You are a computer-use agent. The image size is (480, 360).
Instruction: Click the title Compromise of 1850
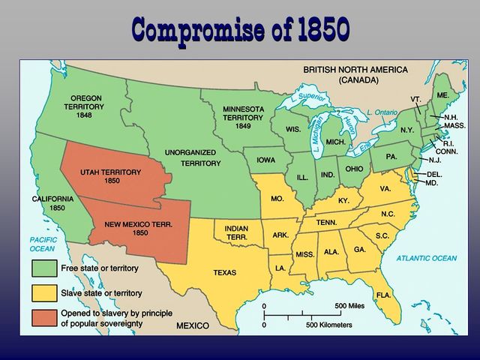pos(240,28)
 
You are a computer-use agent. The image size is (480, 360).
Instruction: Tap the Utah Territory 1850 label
pos(110,176)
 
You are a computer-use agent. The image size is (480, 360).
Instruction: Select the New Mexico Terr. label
pos(138,228)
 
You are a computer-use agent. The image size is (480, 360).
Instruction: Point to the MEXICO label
pos(197,326)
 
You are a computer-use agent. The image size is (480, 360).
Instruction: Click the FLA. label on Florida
pos(383,295)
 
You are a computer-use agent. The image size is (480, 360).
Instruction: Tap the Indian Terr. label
pos(237,232)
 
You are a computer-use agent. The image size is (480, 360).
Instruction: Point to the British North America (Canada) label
pos(355,73)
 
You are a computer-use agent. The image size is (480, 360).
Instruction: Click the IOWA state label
pos(265,160)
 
